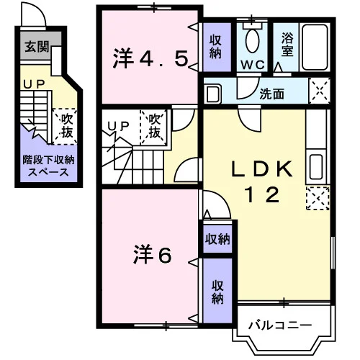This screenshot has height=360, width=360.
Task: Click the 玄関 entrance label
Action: [37, 46]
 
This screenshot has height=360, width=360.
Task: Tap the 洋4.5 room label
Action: [150, 58]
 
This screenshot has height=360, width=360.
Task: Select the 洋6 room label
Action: [153, 254]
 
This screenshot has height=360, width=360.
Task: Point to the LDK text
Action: [262, 168]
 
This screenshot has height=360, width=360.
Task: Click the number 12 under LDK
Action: [262, 194]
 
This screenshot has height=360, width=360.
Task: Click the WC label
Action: [253, 65]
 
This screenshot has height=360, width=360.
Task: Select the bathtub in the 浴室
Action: [315, 48]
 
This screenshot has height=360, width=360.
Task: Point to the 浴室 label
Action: [287, 45]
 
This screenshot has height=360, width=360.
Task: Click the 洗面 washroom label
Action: [272, 94]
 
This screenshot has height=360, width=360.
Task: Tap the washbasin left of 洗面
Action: [213, 94]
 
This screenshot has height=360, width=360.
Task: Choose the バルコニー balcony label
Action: [280, 325]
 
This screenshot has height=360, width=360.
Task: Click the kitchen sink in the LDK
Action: [316, 167]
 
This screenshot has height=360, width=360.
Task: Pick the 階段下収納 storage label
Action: [48, 160]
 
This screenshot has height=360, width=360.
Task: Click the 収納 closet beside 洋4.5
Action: [217, 47]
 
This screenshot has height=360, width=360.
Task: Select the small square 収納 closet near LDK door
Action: [217, 239]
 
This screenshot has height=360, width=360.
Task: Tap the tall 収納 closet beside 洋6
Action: [217, 291]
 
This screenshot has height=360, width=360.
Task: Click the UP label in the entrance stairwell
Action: [34, 84]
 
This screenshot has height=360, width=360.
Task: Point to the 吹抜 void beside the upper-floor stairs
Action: [154, 127]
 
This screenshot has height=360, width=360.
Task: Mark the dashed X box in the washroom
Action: [320, 91]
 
